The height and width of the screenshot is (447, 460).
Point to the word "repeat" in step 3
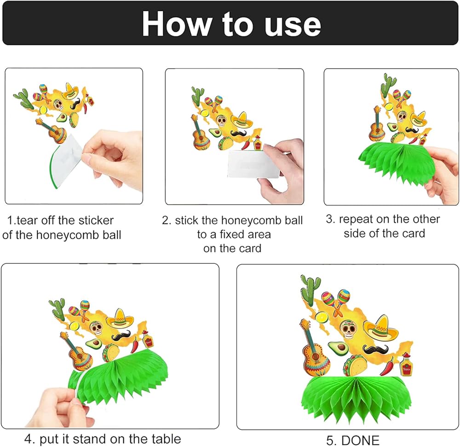tap(356, 220)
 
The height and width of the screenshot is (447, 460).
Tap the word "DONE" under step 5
tap(360, 441)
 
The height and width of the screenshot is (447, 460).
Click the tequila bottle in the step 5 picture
tap(406, 365)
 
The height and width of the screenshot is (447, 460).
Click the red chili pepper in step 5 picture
tap(387, 366)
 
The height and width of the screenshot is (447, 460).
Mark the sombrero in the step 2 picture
tap(241, 120)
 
